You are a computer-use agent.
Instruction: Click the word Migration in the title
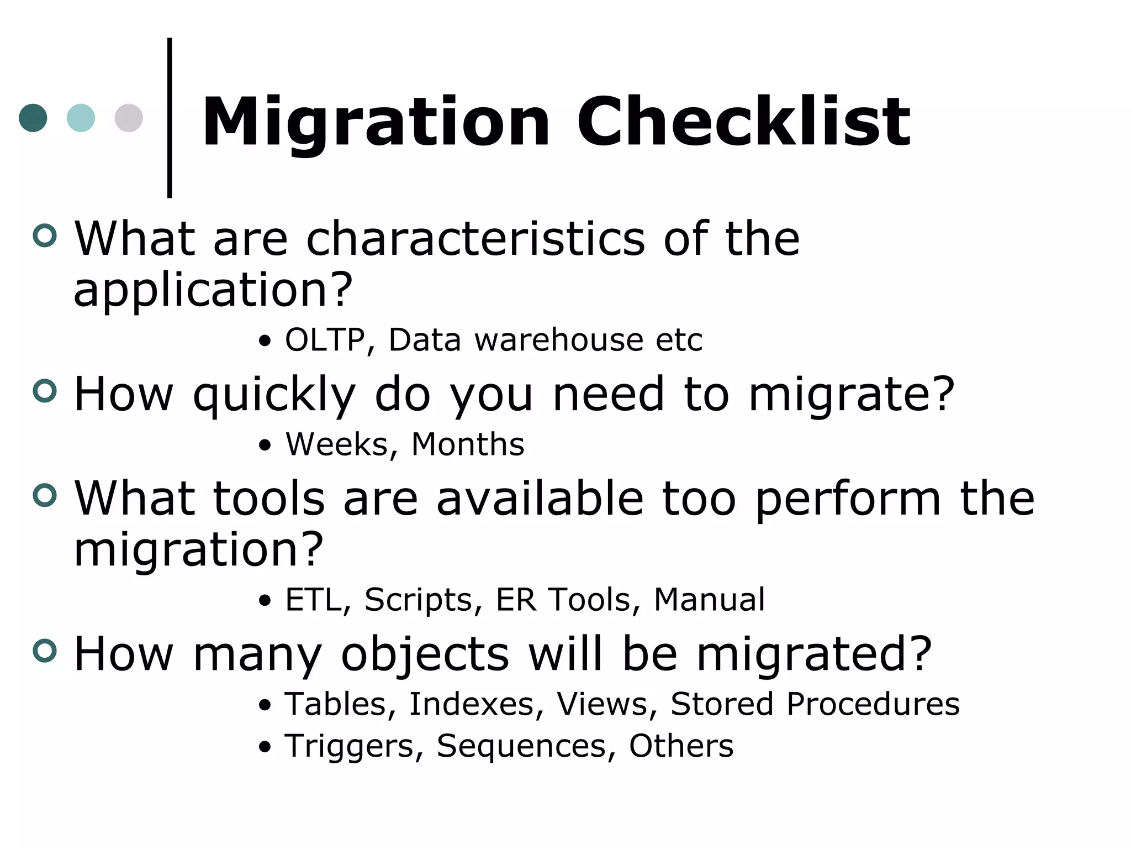(376, 123)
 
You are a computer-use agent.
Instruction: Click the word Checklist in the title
(743, 123)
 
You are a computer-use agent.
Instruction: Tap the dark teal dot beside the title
(33, 118)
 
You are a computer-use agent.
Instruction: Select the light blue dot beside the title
(81, 118)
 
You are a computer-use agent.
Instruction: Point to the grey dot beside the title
(129, 118)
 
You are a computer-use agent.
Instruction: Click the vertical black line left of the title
(170, 118)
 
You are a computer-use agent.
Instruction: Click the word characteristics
(475, 239)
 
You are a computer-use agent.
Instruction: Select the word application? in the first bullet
(213, 290)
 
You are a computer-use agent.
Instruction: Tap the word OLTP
(325, 339)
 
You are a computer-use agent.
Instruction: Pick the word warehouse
(558, 339)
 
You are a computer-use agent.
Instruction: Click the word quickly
(274, 395)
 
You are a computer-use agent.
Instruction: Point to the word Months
(468, 444)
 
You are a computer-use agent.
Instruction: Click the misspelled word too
(699, 499)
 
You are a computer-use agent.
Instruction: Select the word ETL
(313, 600)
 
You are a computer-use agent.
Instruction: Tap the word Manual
(709, 600)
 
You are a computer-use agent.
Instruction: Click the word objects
(425, 654)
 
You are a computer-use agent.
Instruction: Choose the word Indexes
(472, 704)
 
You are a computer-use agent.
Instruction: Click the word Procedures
(873, 704)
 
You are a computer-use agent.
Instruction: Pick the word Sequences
(521, 746)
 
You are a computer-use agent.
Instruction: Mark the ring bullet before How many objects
(45, 650)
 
